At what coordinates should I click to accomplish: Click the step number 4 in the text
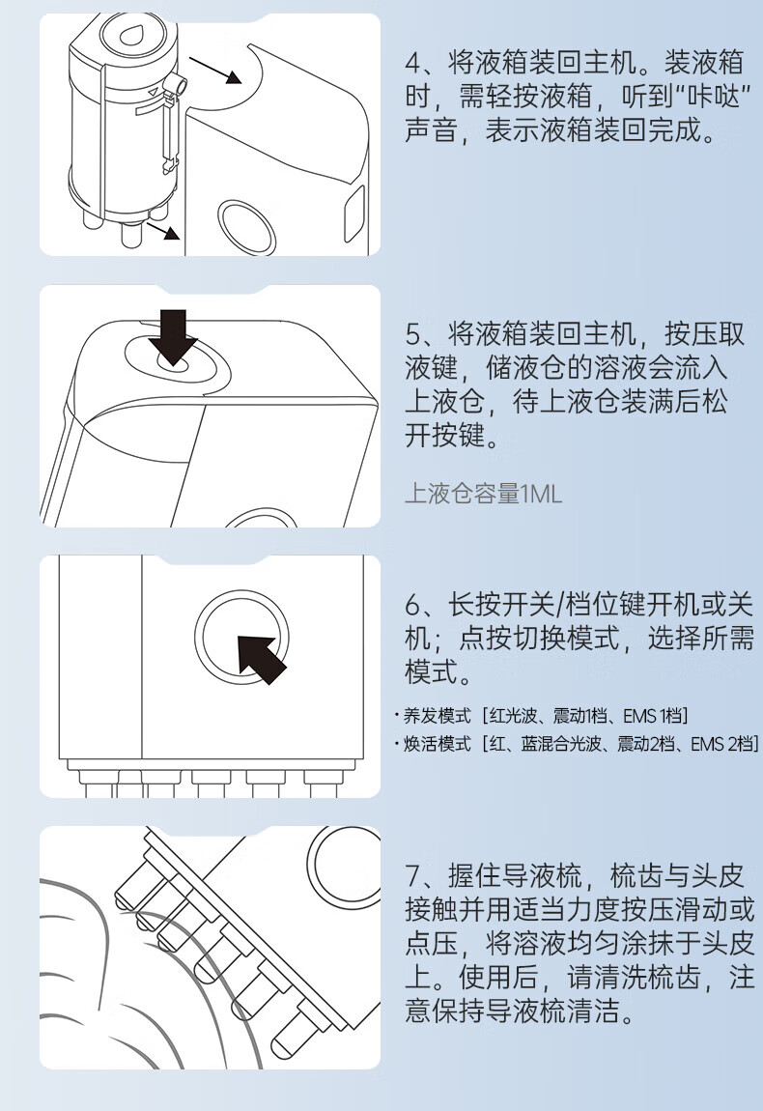413,63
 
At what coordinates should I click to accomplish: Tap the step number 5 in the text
413,333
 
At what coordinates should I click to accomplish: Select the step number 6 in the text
413,605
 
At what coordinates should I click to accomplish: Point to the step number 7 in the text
413,876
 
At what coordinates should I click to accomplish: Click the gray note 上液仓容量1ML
483,493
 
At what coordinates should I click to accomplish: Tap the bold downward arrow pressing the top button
173,336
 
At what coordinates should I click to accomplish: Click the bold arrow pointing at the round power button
261,659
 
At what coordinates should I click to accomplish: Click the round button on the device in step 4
246,227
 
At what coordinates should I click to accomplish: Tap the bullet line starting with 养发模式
541,716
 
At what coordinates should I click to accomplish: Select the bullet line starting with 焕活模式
577,744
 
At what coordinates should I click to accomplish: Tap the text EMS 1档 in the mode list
652,716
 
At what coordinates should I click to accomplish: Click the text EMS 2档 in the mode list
721,744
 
